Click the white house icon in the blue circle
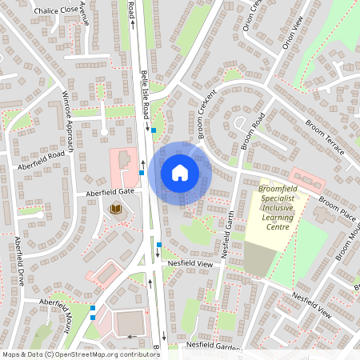tap(180, 172)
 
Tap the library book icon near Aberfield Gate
tap(115, 209)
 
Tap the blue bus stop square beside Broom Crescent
tap(165, 130)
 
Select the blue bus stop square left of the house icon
tap(142, 172)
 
